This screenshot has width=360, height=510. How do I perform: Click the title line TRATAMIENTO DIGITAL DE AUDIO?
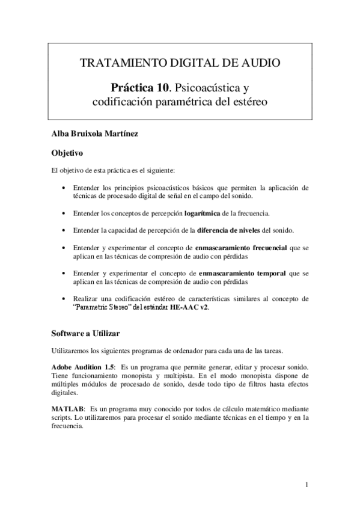click(180, 62)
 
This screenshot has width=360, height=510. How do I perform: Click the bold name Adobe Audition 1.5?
click(83, 367)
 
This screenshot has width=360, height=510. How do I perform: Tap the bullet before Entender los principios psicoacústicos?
click(64, 188)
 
